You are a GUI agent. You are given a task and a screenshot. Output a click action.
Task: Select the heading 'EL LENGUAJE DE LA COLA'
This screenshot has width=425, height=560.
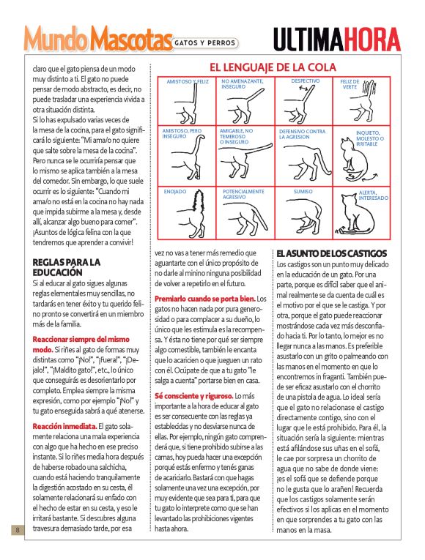coord(273,67)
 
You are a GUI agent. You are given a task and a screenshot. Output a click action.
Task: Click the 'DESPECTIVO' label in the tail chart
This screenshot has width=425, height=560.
coord(305,81)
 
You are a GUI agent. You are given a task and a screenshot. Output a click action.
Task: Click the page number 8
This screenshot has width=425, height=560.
coord(15,529)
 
